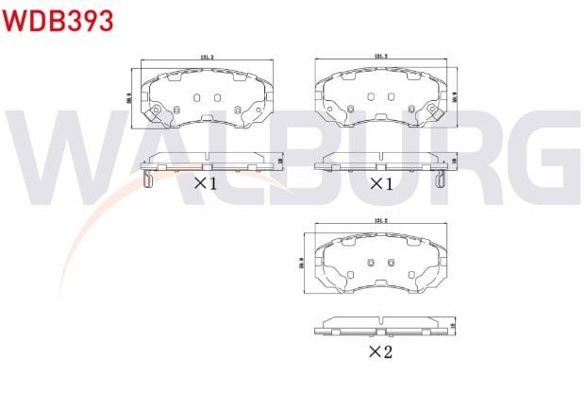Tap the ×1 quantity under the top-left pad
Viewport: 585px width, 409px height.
(x=206, y=183)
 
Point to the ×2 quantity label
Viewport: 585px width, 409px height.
(x=379, y=352)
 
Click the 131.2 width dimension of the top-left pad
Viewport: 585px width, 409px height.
(x=207, y=58)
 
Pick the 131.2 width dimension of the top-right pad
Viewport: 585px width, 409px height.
(x=381, y=58)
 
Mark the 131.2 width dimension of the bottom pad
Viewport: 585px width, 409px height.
(x=381, y=223)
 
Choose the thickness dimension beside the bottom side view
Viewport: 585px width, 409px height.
(x=455, y=325)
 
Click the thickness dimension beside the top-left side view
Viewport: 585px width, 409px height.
(x=280, y=161)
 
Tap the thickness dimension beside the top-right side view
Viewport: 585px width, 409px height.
(x=455, y=161)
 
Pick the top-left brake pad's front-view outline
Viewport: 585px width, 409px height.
(x=207, y=99)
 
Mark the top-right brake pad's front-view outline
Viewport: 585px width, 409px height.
(x=381, y=99)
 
